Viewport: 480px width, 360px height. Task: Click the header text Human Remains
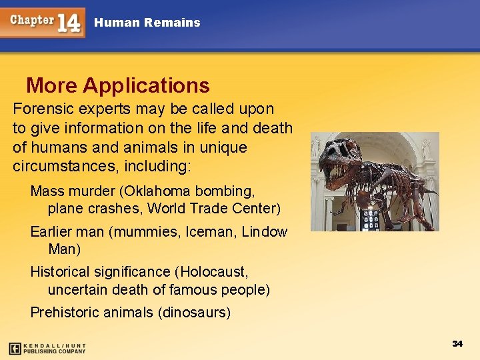(147, 23)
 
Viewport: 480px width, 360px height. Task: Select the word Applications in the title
(147, 86)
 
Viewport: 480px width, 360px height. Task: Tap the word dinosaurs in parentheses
(195, 313)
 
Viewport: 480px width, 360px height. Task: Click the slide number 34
(457, 343)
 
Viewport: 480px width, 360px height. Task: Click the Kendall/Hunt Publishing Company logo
(47, 348)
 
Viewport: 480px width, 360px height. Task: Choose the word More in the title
(51, 86)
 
